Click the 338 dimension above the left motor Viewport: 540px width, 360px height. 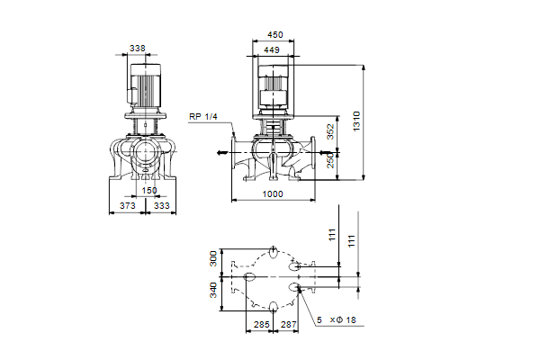pos(138,49)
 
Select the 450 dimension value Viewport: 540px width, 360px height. pos(275,35)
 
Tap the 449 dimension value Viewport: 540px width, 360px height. pos(272,50)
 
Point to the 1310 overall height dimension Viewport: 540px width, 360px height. pos(356,121)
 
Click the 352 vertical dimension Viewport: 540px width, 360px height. pos(330,131)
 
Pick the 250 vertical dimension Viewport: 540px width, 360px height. pos(330,160)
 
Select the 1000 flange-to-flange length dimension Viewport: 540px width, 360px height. pos(273,194)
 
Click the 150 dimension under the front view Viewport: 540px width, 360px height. pos(149,191)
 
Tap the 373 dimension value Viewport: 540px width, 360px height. pos(128,206)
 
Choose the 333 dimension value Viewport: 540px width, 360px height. pos(161,206)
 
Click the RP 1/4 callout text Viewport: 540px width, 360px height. pos(203,117)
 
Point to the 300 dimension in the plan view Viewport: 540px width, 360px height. pos(213,258)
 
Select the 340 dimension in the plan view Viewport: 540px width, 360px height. pos(213,290)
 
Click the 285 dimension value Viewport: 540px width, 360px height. pos(261,325)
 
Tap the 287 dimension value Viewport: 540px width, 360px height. pos(289,325)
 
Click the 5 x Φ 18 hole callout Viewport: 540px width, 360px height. pos(336,320)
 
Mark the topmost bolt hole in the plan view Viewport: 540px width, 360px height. pos(274,252)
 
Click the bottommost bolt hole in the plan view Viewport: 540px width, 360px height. pos(274,306)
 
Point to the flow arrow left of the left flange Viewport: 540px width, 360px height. pos(222,153)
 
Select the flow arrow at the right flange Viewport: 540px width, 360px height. pos(325,153)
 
